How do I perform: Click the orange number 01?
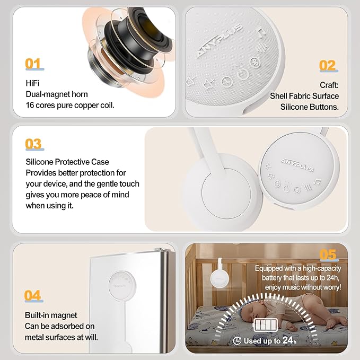(x=33, y=64)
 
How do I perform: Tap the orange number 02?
(x=327, y=66)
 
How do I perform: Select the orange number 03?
(x=33, y=144)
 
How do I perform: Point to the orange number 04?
(x=33, y=295)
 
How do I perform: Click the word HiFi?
(x=33, y=83)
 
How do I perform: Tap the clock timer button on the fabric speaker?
(x=227, y=81)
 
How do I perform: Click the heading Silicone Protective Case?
(x=67, y=162)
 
